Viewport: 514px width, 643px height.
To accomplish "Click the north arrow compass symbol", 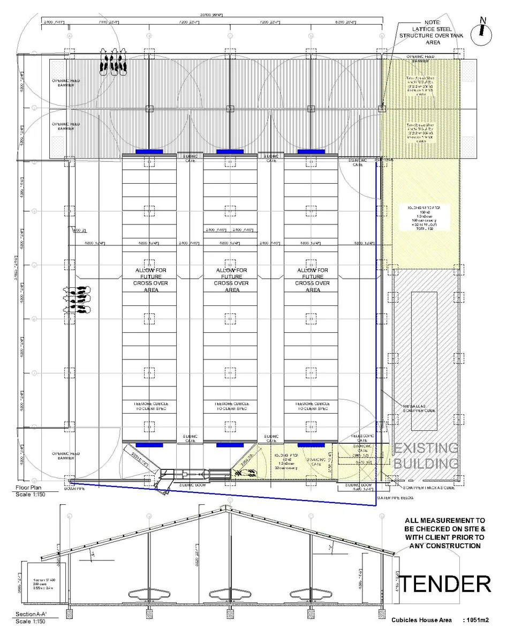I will pos(483,32).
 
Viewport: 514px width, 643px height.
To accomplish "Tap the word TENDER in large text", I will pos(445,584).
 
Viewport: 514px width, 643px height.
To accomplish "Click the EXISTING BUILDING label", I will pos(426,455).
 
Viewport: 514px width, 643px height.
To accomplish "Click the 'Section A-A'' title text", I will pos(30,614).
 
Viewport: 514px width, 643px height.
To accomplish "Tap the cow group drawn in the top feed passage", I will pos(113,60).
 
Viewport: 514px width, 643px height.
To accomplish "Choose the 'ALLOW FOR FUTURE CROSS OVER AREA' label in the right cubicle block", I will pos(311,280).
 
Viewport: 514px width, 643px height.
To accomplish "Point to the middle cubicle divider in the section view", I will pos(230,595).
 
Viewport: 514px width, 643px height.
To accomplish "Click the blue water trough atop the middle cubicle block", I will pos(230,152).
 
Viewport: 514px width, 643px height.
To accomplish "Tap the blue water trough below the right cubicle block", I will pos(311,445).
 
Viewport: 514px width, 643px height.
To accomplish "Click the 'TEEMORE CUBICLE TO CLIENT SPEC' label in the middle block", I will pos(230,406).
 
